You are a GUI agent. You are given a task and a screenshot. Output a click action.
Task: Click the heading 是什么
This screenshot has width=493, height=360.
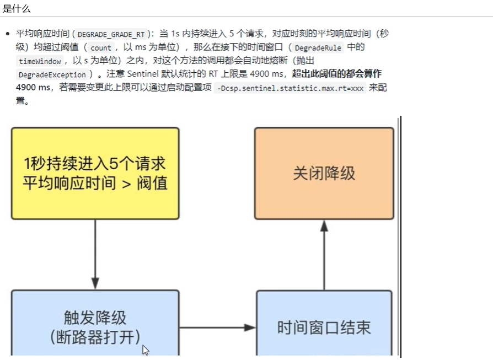click(x=17, y=8)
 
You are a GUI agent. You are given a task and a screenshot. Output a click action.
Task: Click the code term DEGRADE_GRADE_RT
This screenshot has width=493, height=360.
click(x=111, y=34)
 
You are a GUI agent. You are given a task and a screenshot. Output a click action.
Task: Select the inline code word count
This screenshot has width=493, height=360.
click(x=101, y=47)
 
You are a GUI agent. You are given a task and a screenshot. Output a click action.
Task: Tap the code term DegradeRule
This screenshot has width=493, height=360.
click(x=318, y=47)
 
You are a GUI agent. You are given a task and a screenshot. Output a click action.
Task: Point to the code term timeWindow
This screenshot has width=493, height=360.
click(x=40, y=61)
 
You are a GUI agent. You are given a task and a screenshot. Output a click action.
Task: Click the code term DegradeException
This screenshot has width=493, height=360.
click(x=52, y=74)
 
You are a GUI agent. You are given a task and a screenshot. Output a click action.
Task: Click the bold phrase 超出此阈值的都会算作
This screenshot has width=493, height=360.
click(x=336, y=74)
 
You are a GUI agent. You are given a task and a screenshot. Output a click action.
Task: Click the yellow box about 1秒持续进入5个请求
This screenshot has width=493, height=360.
click(x=95, y=173)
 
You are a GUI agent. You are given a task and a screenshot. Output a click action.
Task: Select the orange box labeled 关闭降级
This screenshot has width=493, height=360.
click(x=324, y=173)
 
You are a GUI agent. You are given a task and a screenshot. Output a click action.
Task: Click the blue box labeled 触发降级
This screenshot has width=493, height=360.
click(x=95, y=325)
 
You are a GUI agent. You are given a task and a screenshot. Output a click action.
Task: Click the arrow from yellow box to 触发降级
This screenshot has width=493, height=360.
click(x=95, y=254)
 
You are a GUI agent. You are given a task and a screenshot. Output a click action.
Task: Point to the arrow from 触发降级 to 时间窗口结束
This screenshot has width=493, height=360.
click(x=217, y=328)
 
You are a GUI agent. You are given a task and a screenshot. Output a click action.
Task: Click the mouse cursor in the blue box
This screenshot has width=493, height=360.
click(x=146, y=350)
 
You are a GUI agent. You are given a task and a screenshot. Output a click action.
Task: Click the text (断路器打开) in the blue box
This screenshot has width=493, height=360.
click(x=95, y=337)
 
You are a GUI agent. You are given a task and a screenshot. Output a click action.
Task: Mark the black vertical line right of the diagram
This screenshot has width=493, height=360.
click(x=401, y=237)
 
